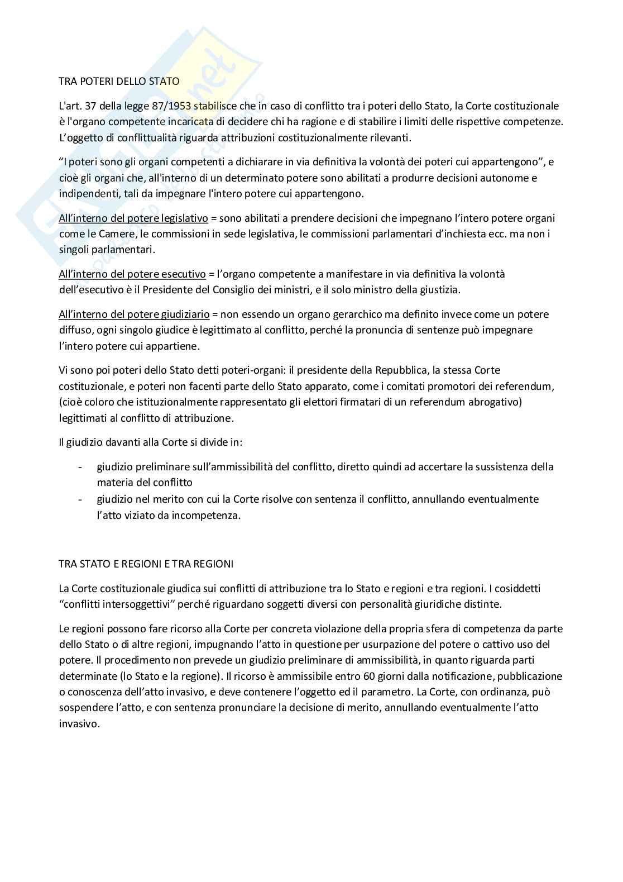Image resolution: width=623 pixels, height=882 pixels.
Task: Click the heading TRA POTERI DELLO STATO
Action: (119, 82)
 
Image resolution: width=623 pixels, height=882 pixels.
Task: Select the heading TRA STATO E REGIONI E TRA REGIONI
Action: (146, 564)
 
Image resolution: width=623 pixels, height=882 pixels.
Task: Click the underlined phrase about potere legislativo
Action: (133, 218)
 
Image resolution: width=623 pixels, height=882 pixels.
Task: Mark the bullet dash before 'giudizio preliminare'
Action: (82, 466)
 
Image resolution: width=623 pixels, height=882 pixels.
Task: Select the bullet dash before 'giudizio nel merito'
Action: (82, 499)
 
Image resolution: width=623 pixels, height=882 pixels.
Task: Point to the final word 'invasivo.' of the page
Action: (79, 723)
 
